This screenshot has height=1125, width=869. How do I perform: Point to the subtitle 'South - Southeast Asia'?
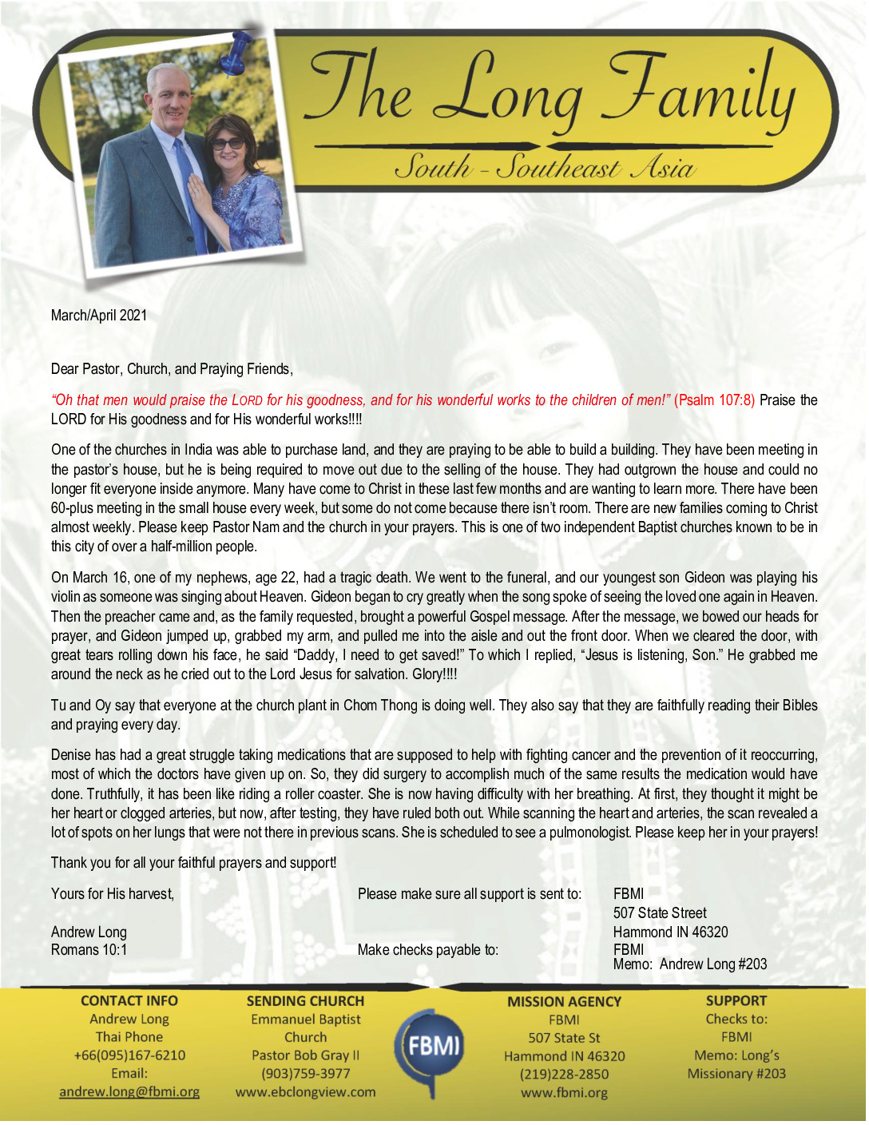pos(545,167)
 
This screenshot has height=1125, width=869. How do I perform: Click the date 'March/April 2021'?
pos(99,316)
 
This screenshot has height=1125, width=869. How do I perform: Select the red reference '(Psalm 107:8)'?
pos(714,400)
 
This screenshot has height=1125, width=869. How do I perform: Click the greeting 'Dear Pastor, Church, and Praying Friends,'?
pos(172,369)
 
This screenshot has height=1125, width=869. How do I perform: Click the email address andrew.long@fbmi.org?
pos(129,1091)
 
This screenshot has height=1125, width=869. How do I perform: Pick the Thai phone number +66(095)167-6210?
pos(129,1055)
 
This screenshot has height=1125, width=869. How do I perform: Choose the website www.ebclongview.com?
pos(305,1091)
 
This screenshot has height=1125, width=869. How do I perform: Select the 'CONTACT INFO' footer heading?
pos(129,1001)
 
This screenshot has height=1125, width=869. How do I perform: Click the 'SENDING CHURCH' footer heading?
pos(305,1001)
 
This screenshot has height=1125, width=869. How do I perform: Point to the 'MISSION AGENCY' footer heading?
pos(564,1002)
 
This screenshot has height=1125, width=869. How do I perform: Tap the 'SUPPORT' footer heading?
pos(736,1001)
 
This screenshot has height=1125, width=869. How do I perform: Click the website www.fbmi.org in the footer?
pos(564,1092)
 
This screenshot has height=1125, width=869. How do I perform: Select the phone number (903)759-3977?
pos(305,1074)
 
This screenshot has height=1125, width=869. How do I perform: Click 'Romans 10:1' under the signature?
pos(89,950)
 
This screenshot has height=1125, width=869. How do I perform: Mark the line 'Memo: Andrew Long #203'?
pos(690,964)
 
